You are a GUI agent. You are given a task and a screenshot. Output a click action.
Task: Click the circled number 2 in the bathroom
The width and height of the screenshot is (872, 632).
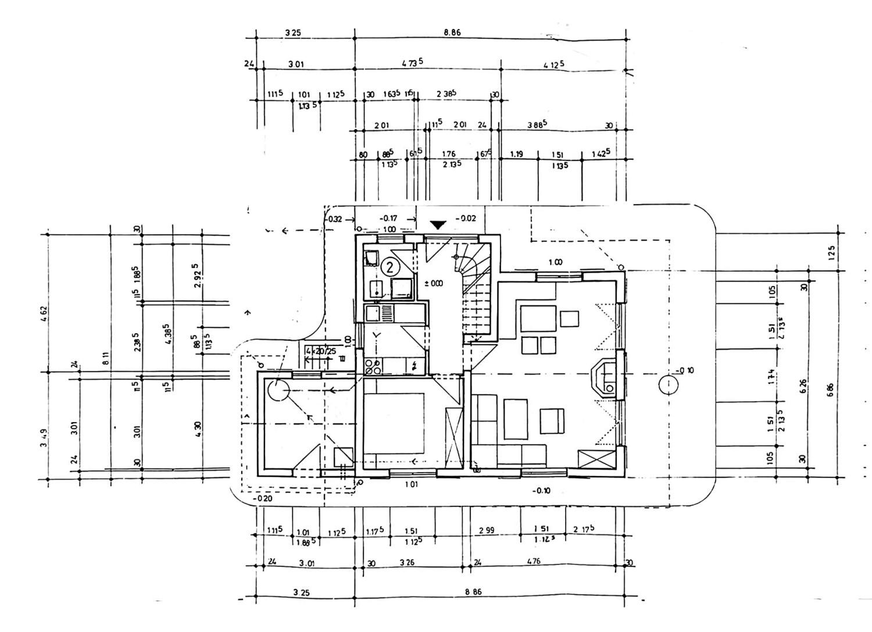(x=390, y=267)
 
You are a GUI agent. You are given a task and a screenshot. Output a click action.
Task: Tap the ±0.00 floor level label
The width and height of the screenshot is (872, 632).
(x=433, y=283)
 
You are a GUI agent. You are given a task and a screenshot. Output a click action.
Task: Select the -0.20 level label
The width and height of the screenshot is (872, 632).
(x=262, y=498)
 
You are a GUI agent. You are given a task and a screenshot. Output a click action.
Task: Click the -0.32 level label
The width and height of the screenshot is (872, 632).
(x=334, y=219)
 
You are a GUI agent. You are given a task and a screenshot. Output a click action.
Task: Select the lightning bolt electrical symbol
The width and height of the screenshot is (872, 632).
(x=414, y=366)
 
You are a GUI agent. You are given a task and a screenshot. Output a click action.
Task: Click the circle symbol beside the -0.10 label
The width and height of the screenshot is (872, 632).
(x=669, y=384)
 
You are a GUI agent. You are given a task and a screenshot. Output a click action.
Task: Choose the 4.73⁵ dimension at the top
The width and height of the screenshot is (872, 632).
(x=412, y=63)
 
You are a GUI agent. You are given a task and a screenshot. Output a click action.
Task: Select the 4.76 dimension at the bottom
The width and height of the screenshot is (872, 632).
(x=533, y=561)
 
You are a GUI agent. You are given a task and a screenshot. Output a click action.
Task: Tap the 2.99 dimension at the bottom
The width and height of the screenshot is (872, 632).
(x=487, y=530)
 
